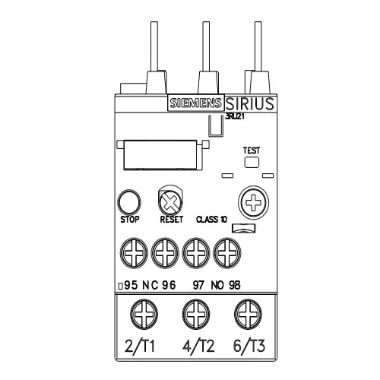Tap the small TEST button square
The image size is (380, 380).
click(252, 161)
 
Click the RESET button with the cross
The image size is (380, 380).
click(169, 201)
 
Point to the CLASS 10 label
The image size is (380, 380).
click(212, 219)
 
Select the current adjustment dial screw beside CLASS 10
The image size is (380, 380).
click(252, 201)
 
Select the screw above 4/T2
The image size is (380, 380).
click(192, 312)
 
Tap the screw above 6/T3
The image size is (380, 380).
click(245, 312)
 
